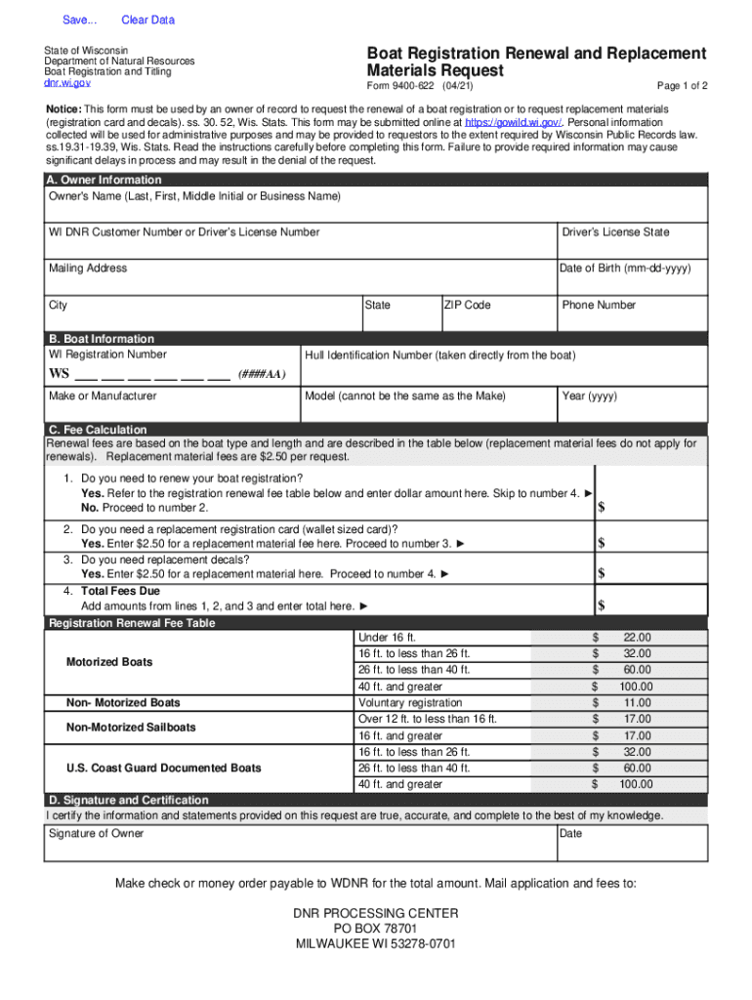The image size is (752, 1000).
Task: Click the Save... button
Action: click(80, 21)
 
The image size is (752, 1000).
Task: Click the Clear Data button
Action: click(147, 21)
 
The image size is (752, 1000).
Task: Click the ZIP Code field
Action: click(498, 317)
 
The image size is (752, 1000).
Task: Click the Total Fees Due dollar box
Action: click(651, 605)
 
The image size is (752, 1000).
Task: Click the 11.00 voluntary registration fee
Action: click(636, 703)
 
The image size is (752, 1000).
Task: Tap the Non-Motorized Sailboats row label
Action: click(131, 728)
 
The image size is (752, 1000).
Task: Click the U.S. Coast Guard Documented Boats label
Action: click(164, 769)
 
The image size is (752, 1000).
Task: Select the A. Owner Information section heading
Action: click(105, 181)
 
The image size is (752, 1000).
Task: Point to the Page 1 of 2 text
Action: click(683, 86)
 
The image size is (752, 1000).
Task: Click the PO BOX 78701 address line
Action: click(376, 929)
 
